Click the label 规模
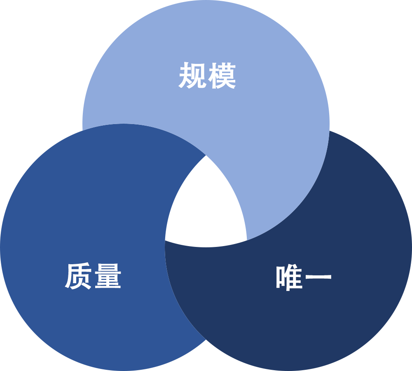pos(207,75)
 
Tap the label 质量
pos(93,276)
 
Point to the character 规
pos(192,75)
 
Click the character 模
pos(222,75)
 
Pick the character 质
pos(78,276)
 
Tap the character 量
pos(108,276)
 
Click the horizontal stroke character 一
pos(318,277)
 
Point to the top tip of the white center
pos(206,155)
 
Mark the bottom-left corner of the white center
pos(165,240)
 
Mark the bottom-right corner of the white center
pos(247,240)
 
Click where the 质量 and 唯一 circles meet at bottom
pos(206,340)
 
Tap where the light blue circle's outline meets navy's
pos(330,130)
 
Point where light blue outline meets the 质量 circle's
pos(82,130)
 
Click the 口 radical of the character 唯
pos(280,277)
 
